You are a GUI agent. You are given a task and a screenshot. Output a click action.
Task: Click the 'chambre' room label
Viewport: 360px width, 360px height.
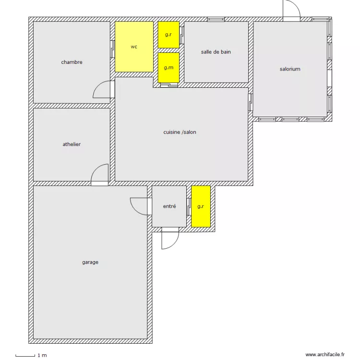click(x=72, y=62)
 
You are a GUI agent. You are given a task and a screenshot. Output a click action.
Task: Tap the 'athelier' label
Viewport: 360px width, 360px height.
click(x=72, y=144)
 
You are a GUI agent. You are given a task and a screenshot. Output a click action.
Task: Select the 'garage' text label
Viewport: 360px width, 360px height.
click(x=90, y=262)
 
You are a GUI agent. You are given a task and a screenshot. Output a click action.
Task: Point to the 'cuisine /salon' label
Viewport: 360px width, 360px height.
click(x=180, y=132)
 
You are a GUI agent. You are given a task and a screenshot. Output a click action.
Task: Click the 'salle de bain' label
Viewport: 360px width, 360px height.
click(x=216, y=52)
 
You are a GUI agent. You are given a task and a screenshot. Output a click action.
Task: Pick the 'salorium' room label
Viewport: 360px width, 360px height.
click(x=290, y=69)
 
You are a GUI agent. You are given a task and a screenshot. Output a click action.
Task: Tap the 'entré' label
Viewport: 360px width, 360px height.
click(x=169, y=206)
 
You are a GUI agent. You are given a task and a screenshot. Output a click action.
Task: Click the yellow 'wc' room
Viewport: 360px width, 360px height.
click(x=134, y=47)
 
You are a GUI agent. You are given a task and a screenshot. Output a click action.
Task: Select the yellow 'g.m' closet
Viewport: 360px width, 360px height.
click(x=168, y=68)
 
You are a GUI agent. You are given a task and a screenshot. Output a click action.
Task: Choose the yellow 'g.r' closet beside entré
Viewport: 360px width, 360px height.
click(x=201, y=206)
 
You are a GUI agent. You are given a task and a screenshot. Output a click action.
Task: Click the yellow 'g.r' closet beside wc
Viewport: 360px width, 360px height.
click(x=168, y=35)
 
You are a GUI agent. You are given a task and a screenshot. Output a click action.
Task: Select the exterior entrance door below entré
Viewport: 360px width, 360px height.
click(x=170, y=238)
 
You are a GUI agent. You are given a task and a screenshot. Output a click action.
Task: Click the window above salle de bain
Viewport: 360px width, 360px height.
click(x=216, y=19)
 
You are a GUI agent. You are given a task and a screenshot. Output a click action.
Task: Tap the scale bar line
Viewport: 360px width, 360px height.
click(x=25, y=356)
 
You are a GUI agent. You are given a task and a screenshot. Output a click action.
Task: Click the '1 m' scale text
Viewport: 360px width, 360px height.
click(x=42, y=355)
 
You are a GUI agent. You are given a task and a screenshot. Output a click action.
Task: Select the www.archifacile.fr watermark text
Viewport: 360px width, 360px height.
click(x=325, y=355)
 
